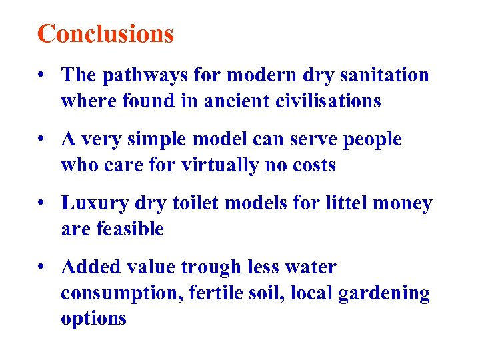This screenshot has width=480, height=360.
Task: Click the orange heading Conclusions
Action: pyautogui.click(x=105, y=33)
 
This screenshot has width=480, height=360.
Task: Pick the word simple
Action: pyautogui.click(x=161, y=139)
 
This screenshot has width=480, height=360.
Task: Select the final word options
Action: pyautogui.click(x=93, y=319)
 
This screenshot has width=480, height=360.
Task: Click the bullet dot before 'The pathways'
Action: pyautogui.click(x=43, y=76)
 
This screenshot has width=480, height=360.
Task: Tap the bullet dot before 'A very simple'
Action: pyautogui.click(x=43, y=140)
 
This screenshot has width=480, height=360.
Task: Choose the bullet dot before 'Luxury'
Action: pyautogui.click(x=43, y=204)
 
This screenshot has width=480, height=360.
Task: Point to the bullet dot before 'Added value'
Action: pyautogui.click(x=43, y=268)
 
